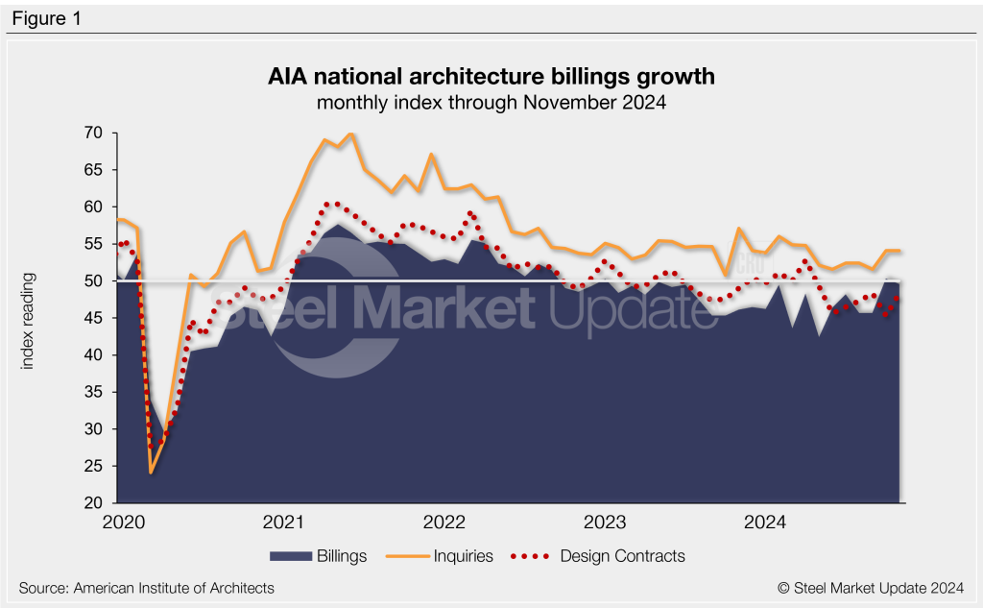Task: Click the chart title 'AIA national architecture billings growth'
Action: [x=491, y=76]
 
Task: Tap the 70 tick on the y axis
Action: [x=94, y=133]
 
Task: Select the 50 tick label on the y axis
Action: [x=94, y=280]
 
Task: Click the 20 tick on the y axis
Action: [x=94, y=502]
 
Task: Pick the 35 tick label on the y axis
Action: [x=94, y=392]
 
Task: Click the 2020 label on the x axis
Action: [x=123, y=523]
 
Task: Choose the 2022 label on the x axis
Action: [x=444, y=523]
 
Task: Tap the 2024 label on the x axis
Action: [x=765, y=523]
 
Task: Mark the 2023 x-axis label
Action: [x=605, y=523]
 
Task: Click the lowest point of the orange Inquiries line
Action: [x=151, y=473]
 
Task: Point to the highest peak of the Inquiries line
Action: [x=350, y=134]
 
